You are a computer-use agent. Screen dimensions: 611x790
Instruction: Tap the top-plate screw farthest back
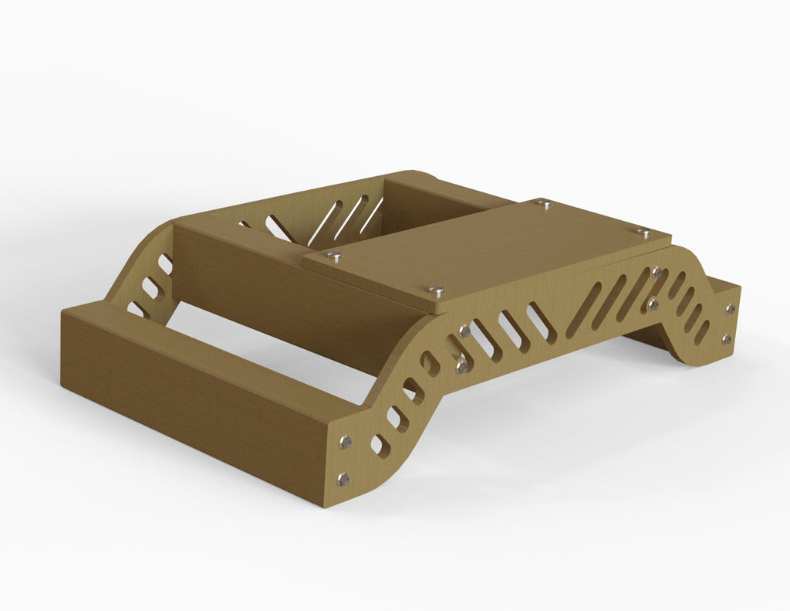(545, 204)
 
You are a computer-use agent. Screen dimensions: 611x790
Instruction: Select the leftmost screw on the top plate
(333, 254)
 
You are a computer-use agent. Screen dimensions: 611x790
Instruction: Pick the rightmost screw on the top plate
(643, 231)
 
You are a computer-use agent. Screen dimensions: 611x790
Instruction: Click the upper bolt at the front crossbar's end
(345, 442)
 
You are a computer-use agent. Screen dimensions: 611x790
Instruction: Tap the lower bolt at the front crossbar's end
(343, 479)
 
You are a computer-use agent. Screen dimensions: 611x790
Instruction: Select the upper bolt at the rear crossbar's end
(730, 309)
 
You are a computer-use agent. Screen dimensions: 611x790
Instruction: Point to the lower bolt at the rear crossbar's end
(726, 338)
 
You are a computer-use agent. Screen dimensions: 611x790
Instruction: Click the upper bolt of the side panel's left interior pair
(464, 331)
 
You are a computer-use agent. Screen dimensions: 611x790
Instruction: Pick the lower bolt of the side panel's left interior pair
(461, 366)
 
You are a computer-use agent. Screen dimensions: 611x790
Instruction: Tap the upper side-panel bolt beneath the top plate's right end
(657, 272)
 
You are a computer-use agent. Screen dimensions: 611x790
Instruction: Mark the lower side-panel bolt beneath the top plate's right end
(653, 304)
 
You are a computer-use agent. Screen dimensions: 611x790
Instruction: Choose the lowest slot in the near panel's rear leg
(701, 332)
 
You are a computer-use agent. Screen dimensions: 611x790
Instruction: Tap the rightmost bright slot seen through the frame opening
(372, 216)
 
